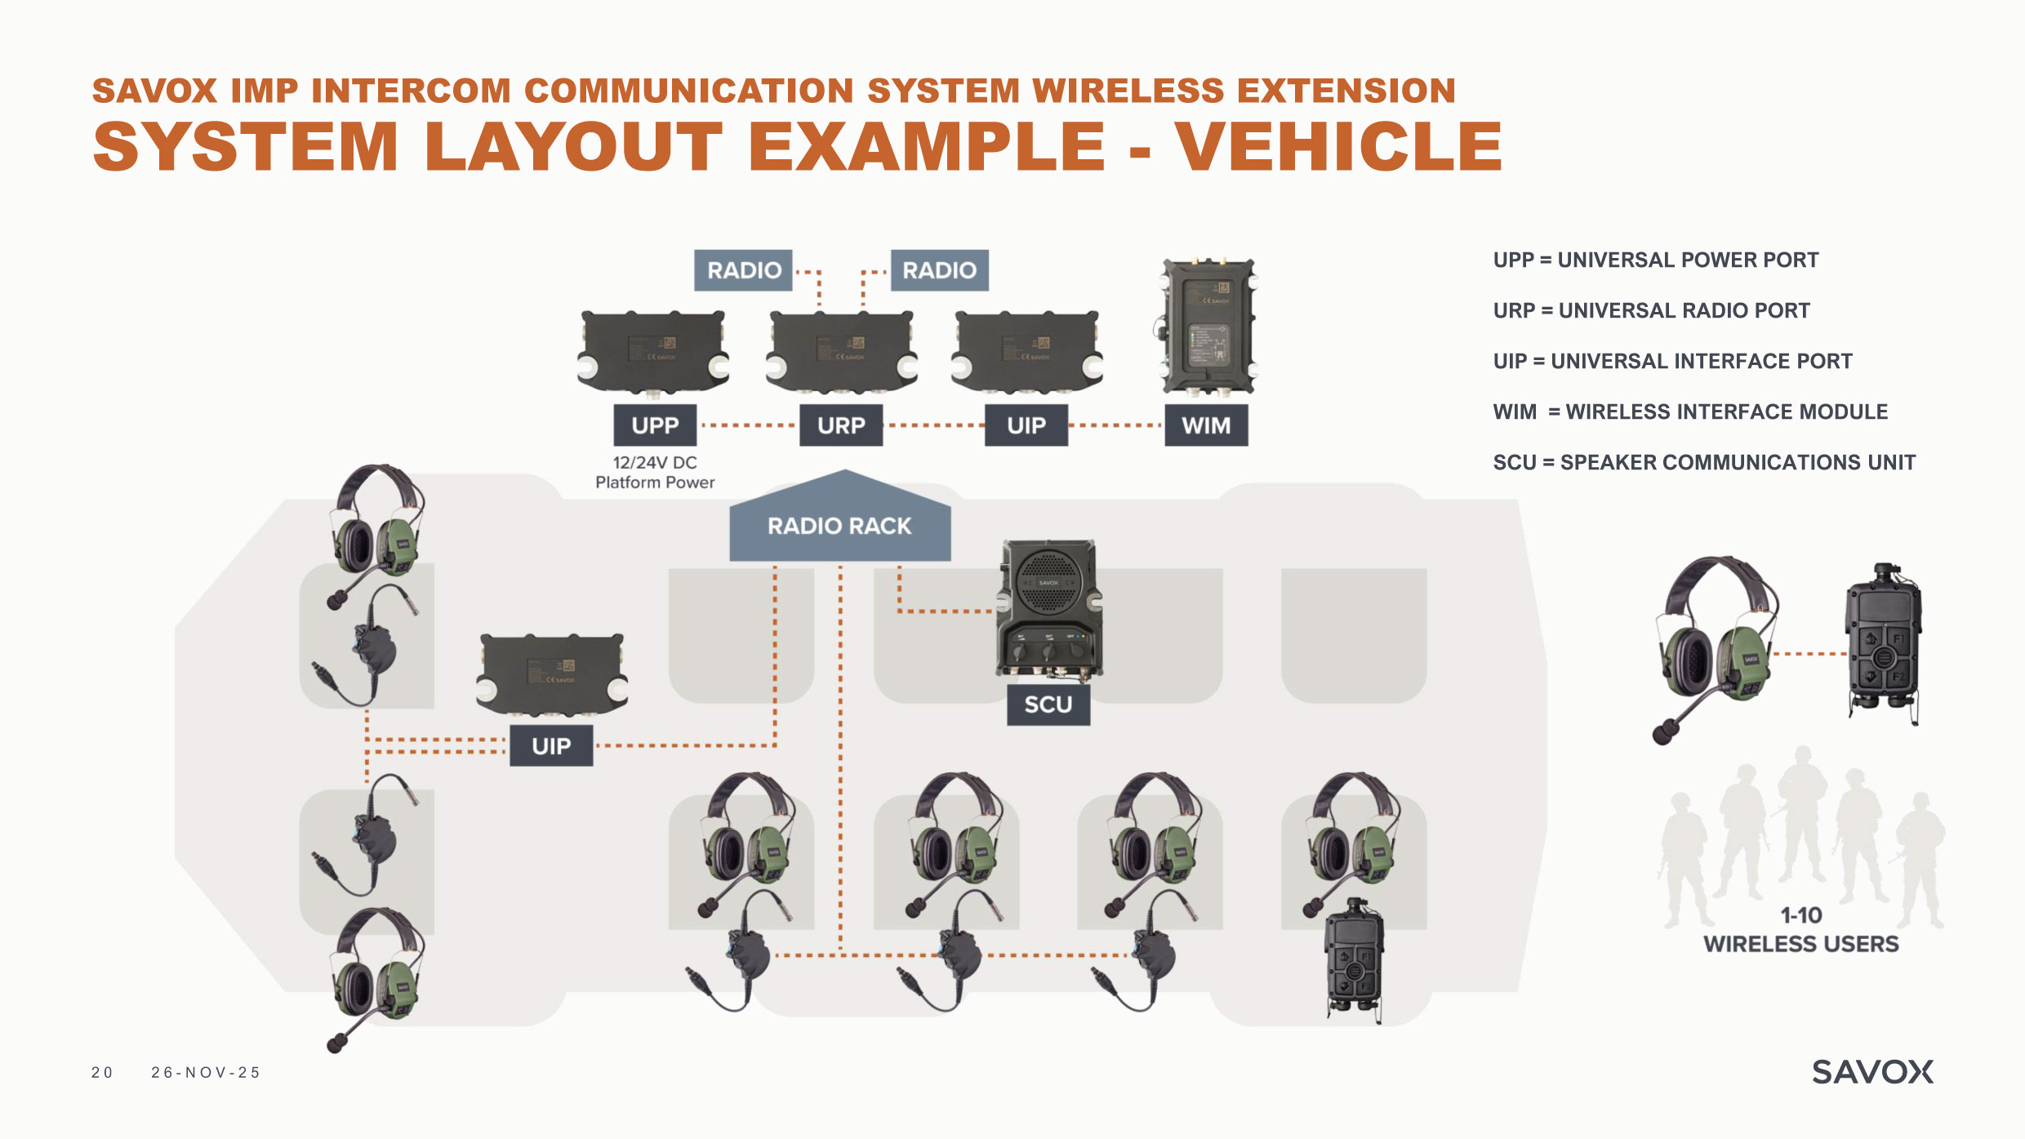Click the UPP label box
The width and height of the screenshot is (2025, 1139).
pyautogui.click(x=655, y=425)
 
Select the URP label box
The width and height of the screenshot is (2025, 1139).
pyautogui.click(x=841, y=425)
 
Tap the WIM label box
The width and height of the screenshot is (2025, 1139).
pyautogui.click(x=1206, y=425)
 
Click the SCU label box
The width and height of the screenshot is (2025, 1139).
pyautogui.click(x=1048, y=705)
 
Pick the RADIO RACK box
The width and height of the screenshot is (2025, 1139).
pyautogui.click(x=839, y=525)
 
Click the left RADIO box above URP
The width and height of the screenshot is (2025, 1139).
pyautogui.click(x=743, y=270)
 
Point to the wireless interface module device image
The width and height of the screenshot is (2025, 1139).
pyautogui.click(x=1207, y=327)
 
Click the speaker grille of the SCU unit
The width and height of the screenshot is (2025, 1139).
pyautogui.click(x=1049, y=581)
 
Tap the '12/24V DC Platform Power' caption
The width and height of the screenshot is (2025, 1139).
pyautogui.click(x=655, y=473)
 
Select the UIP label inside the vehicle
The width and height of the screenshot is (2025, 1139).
pyautogui.click(x=551, y=745)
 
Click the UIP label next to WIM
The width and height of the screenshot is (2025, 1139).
pyautogui.click(x=1026, y=425)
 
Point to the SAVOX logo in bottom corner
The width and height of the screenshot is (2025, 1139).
pyautogui.click(x=1872, y=1072)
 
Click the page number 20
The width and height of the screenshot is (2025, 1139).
pyautogui.click(x=102, y=1073)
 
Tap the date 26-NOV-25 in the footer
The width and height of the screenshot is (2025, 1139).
pyautogui.click(x=206, y=1073)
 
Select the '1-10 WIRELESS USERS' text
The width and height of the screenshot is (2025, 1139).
pyautogui.click(x=1800, y=930)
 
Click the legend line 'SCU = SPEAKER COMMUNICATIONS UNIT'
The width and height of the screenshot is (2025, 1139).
pyautogui.click(x=1704, y=463)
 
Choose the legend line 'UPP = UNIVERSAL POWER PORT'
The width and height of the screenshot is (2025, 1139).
pyautogui.click(x=1656, y=260)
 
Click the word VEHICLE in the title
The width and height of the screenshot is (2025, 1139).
pyautogui.click(x=1339, y=147)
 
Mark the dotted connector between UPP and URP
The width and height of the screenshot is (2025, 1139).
pyautogui.click(x=748, y=425)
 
